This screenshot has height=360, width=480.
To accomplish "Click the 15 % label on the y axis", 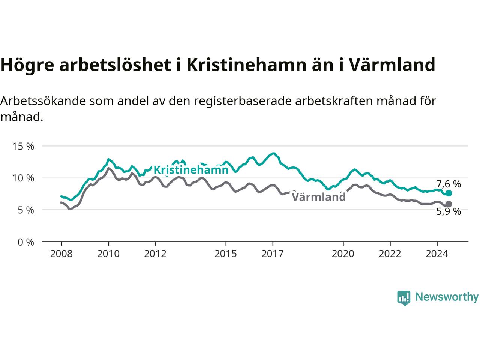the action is (x=23, y=147).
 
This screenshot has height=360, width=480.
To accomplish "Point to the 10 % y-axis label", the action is (x=23, y=178).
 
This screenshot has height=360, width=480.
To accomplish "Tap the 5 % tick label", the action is (x=26, y=210).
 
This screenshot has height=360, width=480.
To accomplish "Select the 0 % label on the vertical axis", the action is (x=26, y=242).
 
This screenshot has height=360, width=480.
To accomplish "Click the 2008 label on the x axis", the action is (x=61, y=254).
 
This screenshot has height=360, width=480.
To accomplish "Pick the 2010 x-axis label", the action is (x=108, y=254).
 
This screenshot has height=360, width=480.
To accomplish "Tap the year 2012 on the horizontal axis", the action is (x=155, y=254).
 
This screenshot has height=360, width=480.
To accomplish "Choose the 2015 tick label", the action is (x=226, y=254).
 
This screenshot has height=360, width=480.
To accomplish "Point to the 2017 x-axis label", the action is (x=273, y=254).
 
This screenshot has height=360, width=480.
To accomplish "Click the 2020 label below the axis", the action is (x=343, y=254).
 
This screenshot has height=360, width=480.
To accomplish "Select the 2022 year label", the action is (x=390, y=254).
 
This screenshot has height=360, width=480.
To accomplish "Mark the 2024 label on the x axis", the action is (x=437, y=254).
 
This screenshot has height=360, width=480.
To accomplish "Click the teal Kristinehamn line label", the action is (x=191, y=170).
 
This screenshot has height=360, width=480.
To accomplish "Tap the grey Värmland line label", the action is (x=319, y=197).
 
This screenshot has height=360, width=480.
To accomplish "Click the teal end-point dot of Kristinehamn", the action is (x=448, y=193).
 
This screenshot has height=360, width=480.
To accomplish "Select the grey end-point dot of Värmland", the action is (x=448, y=204).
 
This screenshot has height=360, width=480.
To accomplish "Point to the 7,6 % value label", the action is (x=448, y=184).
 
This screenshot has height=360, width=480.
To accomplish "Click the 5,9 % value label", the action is (x=448, y=211).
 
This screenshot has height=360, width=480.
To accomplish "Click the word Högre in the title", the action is (x=27, y=66).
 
